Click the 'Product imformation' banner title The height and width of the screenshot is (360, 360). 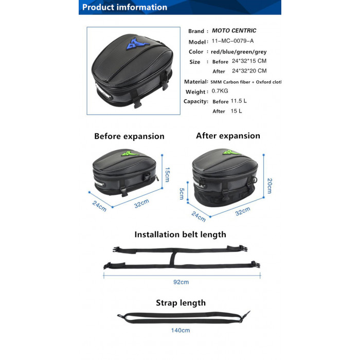pos(124,7)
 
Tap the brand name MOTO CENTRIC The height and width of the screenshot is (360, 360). pos(234,30)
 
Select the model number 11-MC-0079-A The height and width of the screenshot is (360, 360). pos(232,41)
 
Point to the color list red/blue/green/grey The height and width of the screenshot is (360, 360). pos(239,52)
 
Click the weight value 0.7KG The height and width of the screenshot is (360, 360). pos(220,91)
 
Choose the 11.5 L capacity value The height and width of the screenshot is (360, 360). pos(239,101)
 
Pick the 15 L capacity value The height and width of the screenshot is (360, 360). pos(236,111)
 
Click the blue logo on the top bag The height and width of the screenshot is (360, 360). pos(137,44)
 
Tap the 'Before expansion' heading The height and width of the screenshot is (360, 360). pos(129,136)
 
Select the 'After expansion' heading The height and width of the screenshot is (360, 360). pos(228,136)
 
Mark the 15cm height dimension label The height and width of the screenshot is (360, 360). pos(167,174)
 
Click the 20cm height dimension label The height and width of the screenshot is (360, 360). pos(269,186)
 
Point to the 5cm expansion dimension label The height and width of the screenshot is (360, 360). pos(182,194)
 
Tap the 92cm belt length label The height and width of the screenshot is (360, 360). pos(181,282)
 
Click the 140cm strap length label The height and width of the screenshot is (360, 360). pos(181,330)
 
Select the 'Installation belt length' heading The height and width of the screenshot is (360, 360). pos(180,235)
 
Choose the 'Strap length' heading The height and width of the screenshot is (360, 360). pos(181,303)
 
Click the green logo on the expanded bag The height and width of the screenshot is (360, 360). pos(231,152)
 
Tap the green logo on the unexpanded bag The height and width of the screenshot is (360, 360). pos(130,153)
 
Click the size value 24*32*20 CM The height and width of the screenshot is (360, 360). pos(249,71)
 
